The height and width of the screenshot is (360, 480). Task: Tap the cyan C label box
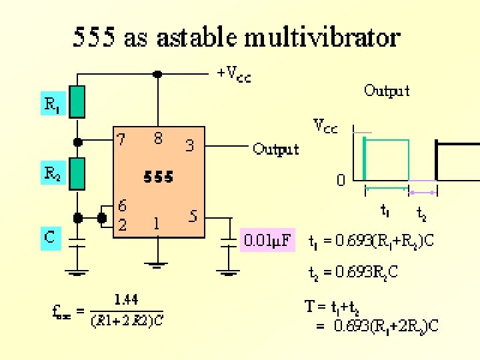point(51,237)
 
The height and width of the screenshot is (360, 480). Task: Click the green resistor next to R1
point(78,101)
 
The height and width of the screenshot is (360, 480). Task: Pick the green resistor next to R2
point(78,173)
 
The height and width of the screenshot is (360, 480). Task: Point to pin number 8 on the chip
point(158,139)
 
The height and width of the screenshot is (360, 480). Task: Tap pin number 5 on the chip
point(192,216)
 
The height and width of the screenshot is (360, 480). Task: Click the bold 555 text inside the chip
point(159,177)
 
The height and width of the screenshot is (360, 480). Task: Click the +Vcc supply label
point(235,74)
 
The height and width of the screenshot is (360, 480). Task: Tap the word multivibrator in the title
point(323,37)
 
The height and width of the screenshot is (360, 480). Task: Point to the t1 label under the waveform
point(385,211)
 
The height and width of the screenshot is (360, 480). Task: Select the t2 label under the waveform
point(422,213)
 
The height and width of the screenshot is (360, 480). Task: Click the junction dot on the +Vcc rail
point(158,74)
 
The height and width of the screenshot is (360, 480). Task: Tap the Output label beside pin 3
point(276,149)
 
